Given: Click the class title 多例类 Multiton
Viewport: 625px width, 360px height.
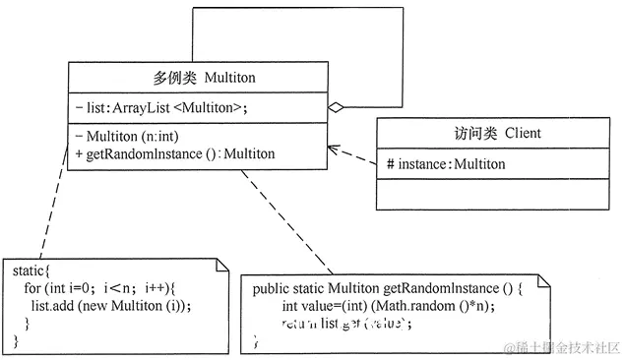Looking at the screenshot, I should pos(195,77).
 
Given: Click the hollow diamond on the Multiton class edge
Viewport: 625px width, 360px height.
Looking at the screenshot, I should pos(335,106).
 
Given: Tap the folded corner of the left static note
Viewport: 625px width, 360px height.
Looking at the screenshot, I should pos(221,264).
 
